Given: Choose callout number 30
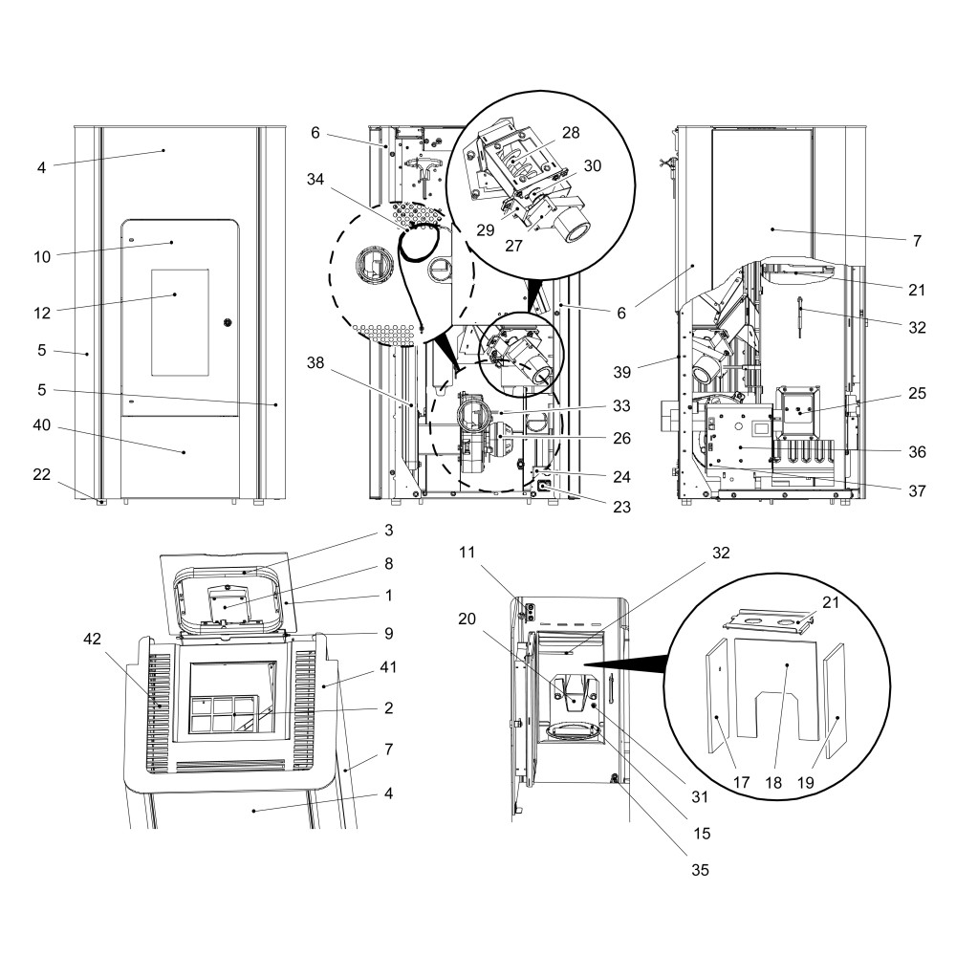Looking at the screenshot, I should tap(593, 165).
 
